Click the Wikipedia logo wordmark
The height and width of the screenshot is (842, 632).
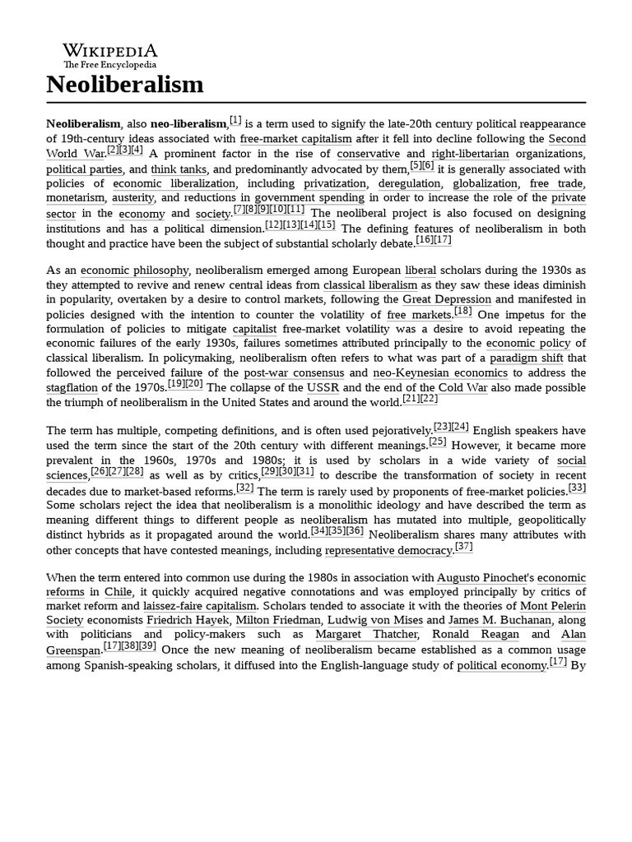coord(110,50)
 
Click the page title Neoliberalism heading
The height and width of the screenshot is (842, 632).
coord(124,84)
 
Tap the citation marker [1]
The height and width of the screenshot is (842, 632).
coord(235,120)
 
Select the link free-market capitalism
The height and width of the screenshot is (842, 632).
coord(295,139)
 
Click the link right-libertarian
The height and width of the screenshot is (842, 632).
coord(470,154)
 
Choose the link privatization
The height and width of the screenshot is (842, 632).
coord(335,183)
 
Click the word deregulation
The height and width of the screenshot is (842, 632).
coord(409,183)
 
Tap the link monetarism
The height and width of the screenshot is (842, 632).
coord(76,198)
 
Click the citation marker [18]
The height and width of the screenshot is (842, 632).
coord(462,312)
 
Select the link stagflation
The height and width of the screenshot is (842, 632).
coord(72,388)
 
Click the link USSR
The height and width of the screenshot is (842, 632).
coord(323,388)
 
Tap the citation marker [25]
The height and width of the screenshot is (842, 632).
coord(438,442)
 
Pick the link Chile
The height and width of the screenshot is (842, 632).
coord(118,592)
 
